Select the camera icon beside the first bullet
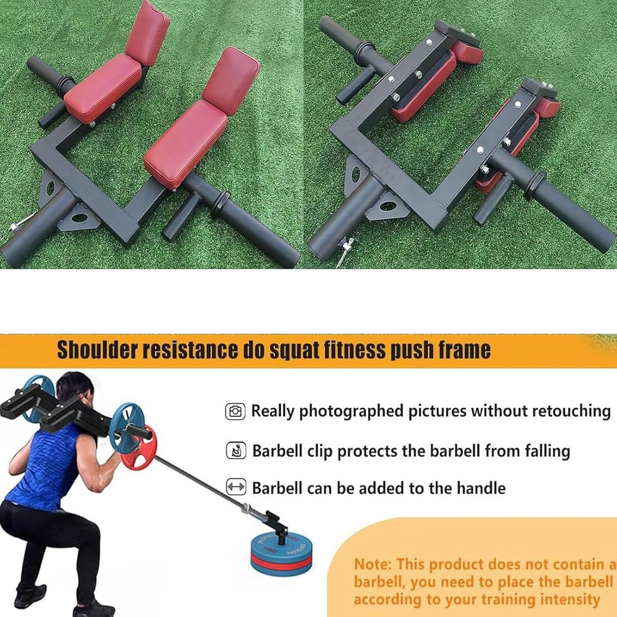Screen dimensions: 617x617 235,411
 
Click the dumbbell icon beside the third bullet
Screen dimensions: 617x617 236,488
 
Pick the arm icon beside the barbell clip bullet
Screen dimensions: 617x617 237,451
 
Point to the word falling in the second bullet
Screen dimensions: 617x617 547,451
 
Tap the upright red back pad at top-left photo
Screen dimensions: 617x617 148,32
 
